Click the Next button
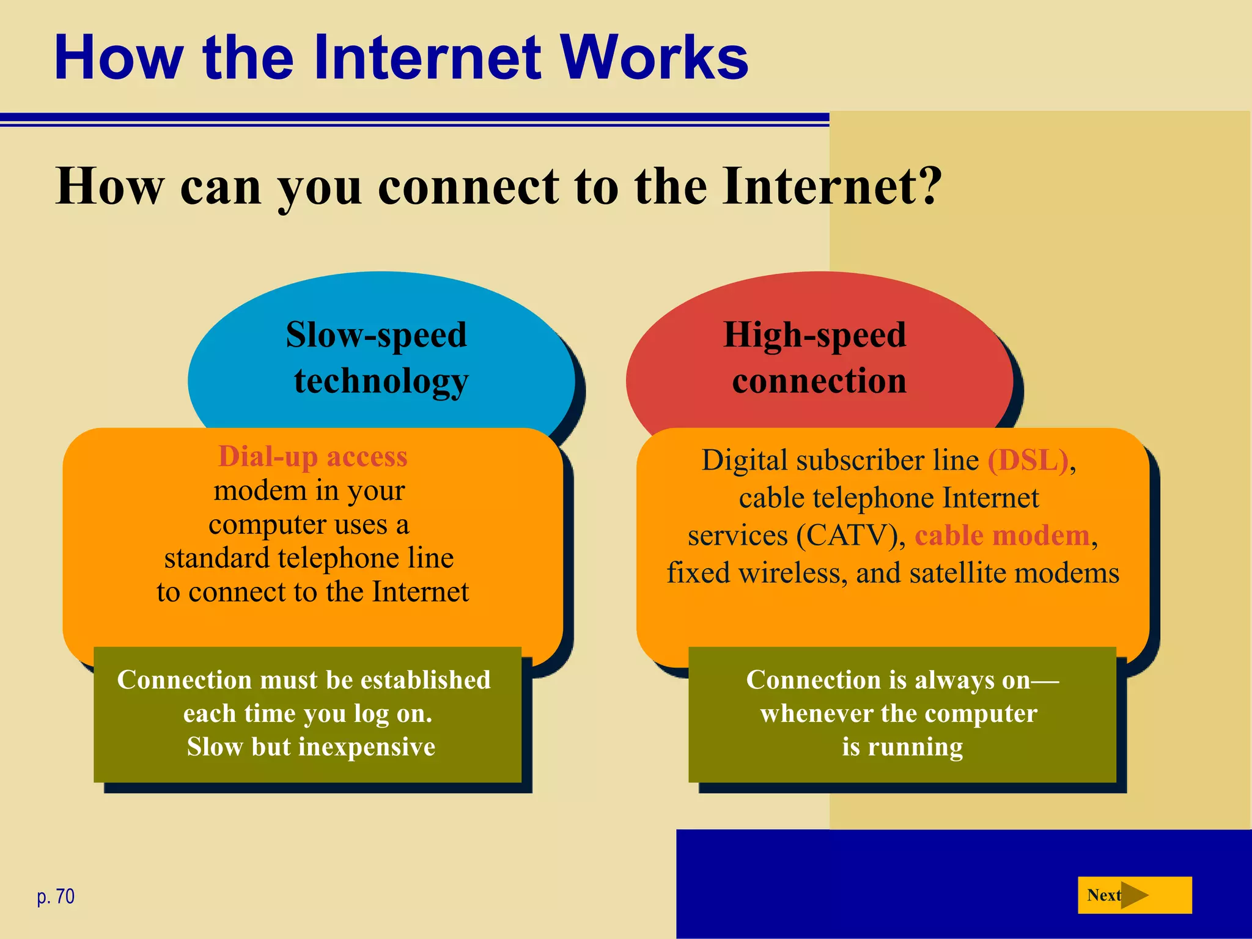coord(1134,895)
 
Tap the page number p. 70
coord(56,896)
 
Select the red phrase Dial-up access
coord(312,457)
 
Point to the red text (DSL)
coord(1028,460)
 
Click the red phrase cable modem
coord(1002,536)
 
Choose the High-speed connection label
coord(816,358)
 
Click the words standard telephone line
coord(309,558)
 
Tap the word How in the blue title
coord(119,57)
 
